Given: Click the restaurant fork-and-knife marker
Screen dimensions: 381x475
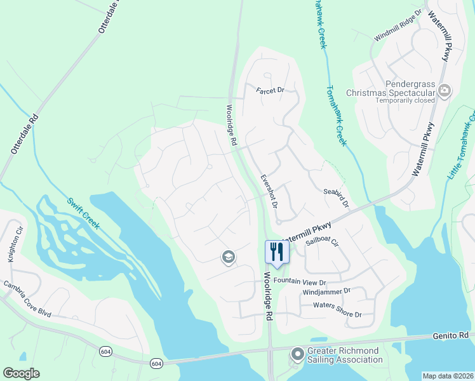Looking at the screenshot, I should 276,251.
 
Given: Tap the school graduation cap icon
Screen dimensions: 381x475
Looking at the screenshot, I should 228,257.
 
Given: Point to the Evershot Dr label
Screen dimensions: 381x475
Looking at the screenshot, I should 269,191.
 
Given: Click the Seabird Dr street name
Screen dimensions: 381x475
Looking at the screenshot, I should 337,196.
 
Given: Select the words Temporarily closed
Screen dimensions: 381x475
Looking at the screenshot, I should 405,100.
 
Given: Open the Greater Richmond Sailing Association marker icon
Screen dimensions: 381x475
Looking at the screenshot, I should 297,354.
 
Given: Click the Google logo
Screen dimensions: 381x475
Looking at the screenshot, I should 22,373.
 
